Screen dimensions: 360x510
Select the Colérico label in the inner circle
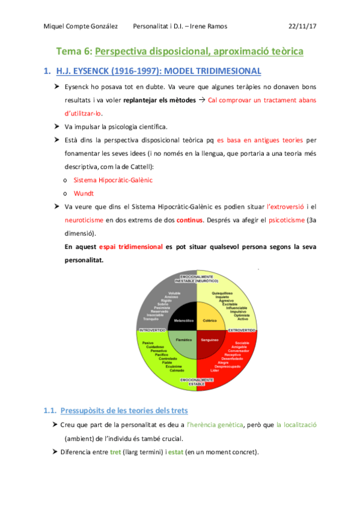click(x=210, y=321)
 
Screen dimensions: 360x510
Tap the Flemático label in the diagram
click(x=183, y=340)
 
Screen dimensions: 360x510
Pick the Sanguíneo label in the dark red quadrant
click(x=210, y=340)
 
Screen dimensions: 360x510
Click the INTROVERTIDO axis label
click(x=153, y=330)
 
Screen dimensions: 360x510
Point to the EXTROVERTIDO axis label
click(x=242, y=330)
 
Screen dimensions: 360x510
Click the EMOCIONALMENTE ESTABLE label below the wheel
click(x=197, y=382)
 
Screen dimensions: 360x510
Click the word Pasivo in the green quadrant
click(x=148, y=343)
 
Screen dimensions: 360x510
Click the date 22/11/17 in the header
click(x=302, y=26)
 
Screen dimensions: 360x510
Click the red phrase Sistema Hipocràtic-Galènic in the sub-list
click(x=113, y=180)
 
